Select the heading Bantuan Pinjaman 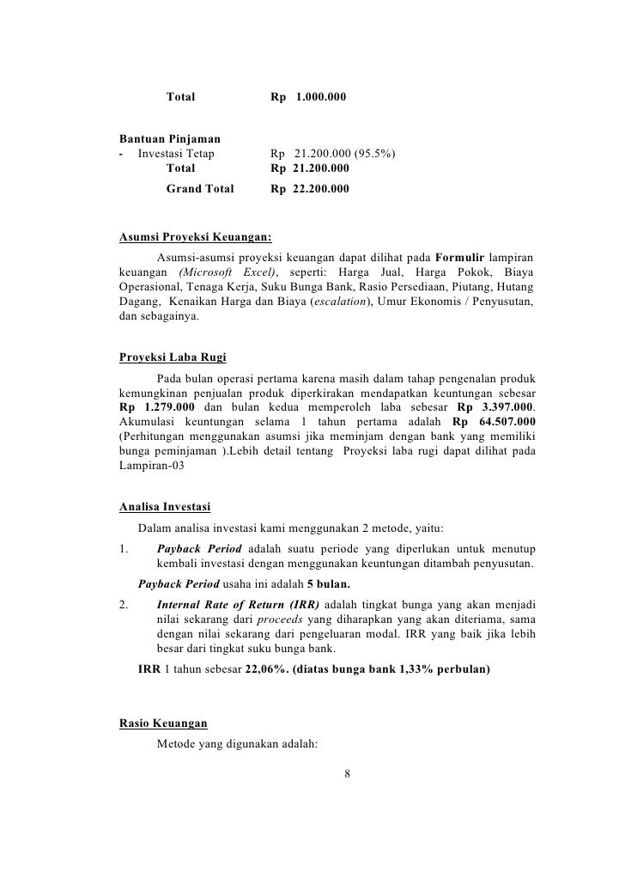169,138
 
